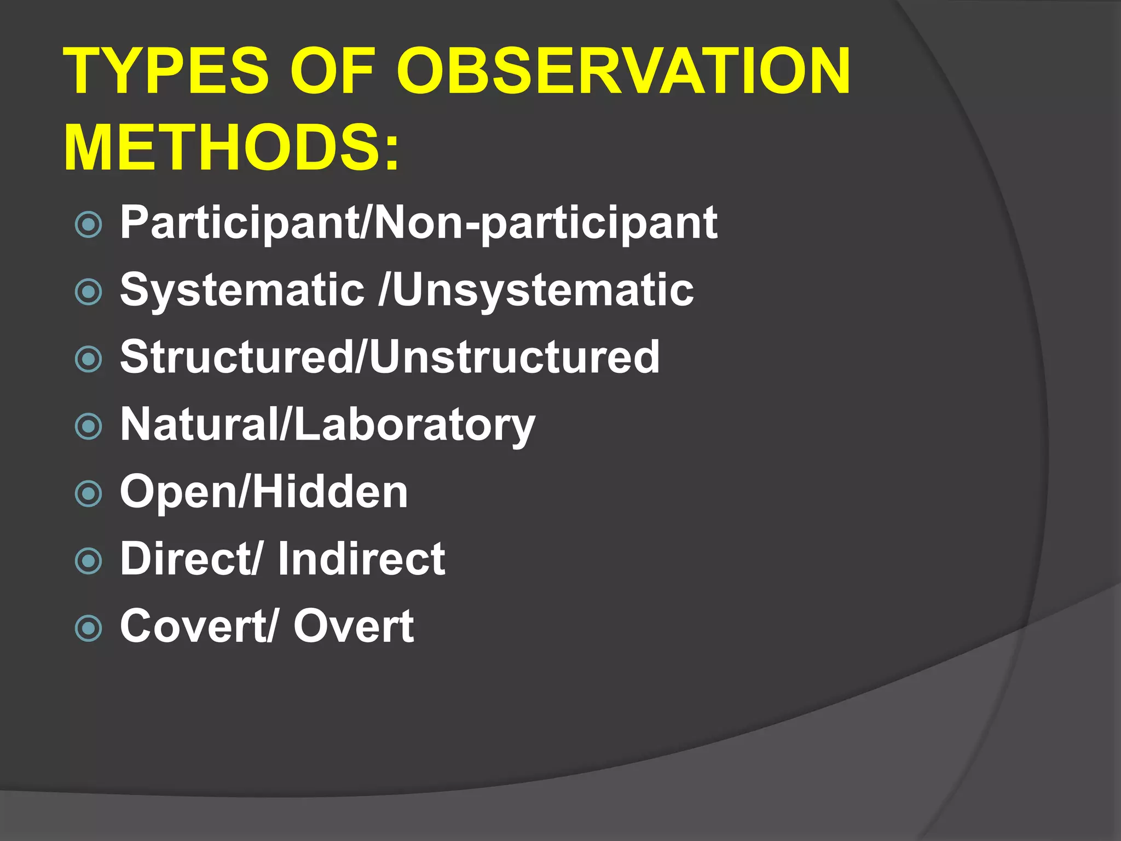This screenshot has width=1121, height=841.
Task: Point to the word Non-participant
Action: (545, 223)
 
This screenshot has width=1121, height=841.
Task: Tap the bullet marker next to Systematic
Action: (88, 292)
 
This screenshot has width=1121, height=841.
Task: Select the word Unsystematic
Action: (542, 290)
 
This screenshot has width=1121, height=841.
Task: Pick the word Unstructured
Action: (515, 357)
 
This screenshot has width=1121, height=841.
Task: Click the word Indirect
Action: (361, 559)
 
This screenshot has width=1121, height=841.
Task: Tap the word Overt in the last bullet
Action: (354, 626)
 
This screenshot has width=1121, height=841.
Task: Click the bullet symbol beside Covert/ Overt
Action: (88, 628)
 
